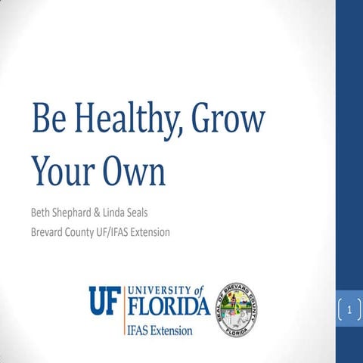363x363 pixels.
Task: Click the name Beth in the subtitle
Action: pyautogui.click(x=42, y=213)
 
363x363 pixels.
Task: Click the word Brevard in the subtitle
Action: pyautogui.click(x=50, y=231)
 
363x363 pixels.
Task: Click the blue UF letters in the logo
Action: pyautogui.click(x=104, y=300)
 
